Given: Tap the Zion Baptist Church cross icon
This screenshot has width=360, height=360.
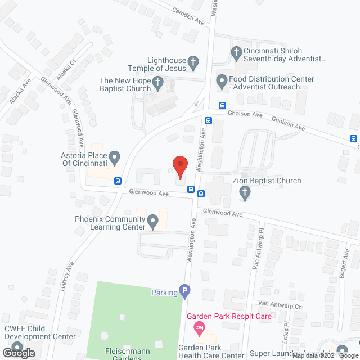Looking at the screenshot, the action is [244, 193].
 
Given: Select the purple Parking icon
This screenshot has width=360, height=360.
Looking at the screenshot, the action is [184, 291].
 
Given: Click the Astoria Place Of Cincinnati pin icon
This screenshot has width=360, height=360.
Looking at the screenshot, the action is [115, 158].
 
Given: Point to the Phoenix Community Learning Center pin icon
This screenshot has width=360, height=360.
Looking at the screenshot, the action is [152, 222].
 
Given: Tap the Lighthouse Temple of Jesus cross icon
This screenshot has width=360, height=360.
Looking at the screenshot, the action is [193, 63].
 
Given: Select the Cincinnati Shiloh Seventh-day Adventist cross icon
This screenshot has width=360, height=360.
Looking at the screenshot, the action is [237, 53].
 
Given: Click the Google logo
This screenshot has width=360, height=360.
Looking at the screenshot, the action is [18, 353].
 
